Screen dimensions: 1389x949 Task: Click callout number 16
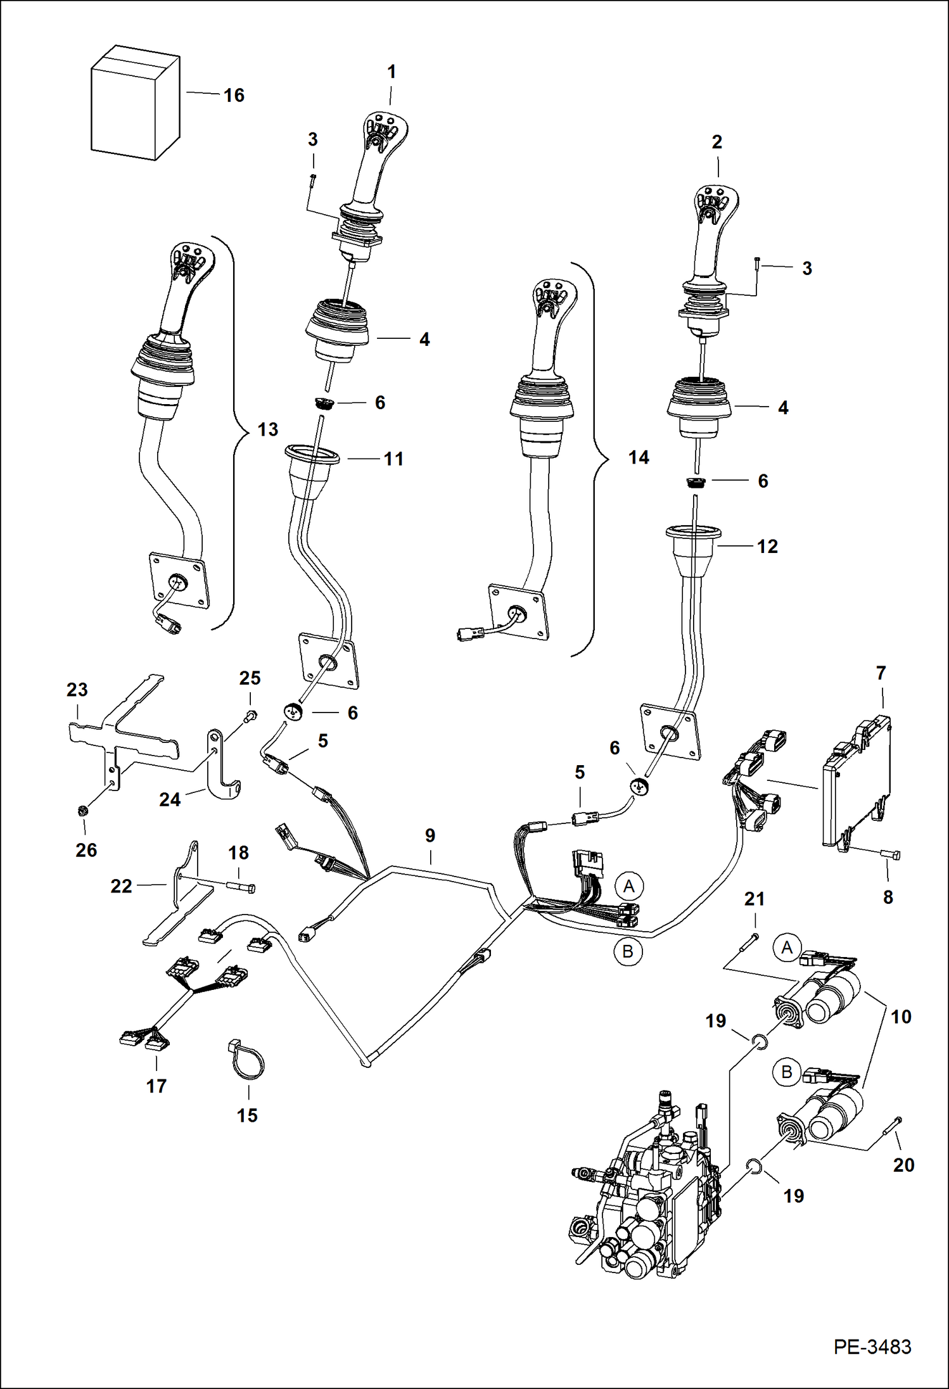pos(234,96)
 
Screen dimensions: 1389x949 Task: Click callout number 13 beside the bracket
pos(267,429)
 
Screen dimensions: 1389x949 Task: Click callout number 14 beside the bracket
pos(639,457)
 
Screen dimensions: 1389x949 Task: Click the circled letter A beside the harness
pos(628,885)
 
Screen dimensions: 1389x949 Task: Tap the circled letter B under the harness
pos(628,952)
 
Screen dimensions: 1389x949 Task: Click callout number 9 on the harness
pos(430,835)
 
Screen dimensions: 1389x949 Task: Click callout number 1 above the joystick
pos(392,72)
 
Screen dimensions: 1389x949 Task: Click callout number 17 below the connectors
pos(156,1086)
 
